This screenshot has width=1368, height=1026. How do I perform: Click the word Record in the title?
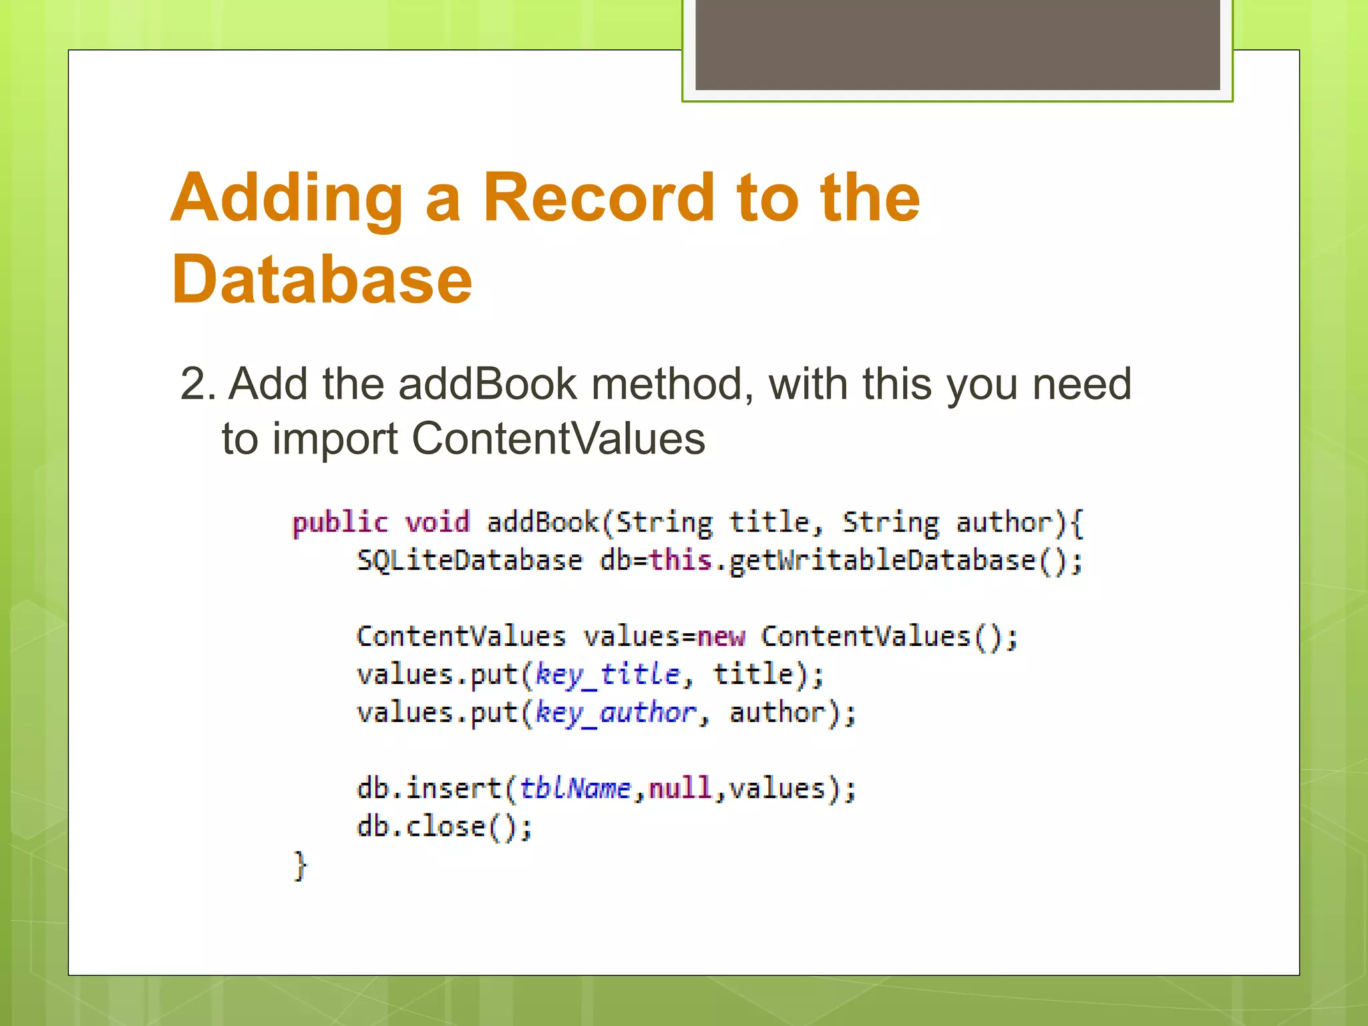click(x=598, y=198)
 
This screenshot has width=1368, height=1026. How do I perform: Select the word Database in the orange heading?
click(x=322, y=281)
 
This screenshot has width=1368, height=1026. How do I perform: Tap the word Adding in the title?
click(x=287, y=198)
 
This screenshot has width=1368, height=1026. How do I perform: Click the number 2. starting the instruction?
click(x=198, y=385)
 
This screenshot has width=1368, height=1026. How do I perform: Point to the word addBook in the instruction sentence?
click(x=488, y=385)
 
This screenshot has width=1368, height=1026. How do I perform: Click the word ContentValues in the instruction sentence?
click(x=558, y=439)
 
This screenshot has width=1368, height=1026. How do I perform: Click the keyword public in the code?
click(x=340, y=522)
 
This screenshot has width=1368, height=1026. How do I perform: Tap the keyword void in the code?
click(x=438, y=522)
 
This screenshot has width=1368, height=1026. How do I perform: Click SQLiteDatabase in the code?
click(x=470, y=560)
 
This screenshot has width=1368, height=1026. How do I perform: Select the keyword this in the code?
click(x=681, y=560)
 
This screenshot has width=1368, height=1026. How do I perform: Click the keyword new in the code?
click(x=721, y=637)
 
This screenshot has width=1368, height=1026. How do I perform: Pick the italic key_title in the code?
click(x=608, y=675)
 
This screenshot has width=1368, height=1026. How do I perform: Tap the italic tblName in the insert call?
click(x=575, y=789)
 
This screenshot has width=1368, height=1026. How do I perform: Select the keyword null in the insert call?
click(x=680, y=789)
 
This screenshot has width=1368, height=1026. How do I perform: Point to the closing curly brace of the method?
click(x=301, y=866)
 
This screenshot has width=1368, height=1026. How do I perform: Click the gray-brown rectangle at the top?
click(x=957, y=44)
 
